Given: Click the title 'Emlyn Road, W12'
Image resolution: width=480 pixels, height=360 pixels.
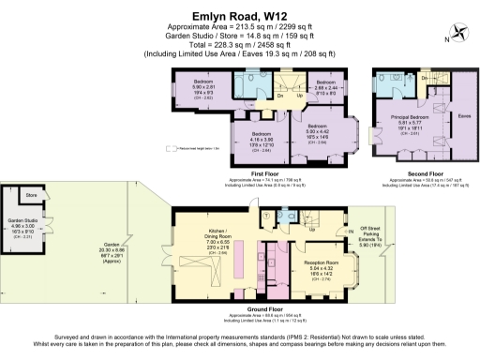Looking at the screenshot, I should click(x=239, y=15).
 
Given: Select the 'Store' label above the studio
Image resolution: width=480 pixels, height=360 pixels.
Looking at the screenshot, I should click(x=32, y=196).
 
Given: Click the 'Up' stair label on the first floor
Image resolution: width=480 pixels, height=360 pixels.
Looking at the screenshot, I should click(x=299, y=95).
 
